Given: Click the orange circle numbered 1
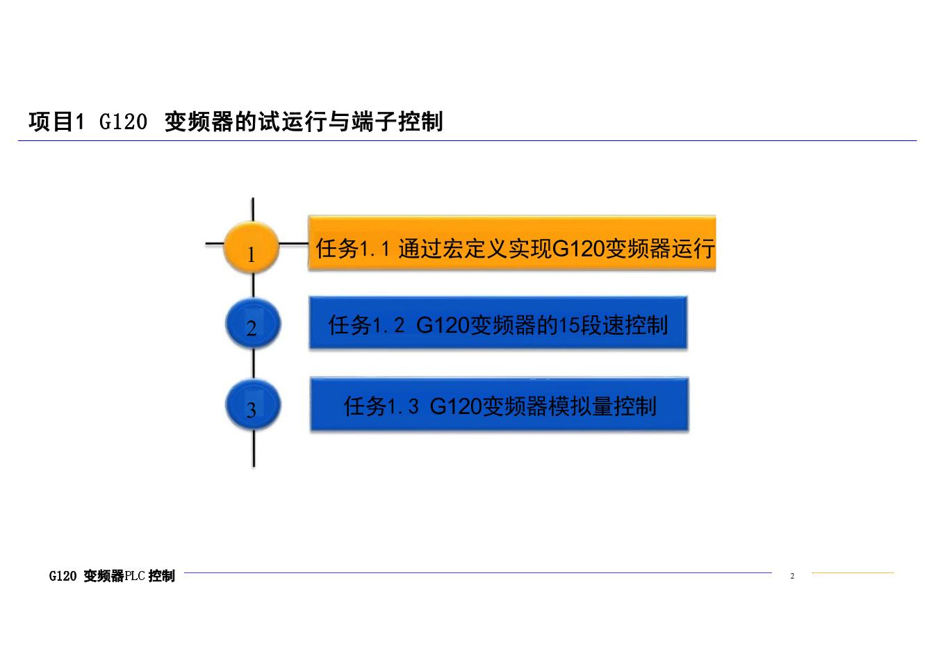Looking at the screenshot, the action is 252,247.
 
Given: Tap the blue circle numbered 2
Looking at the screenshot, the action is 253,324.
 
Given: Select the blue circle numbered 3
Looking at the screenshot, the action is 253,404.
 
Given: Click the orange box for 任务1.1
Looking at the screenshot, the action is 512,243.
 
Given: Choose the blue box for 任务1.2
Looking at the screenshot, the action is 498,322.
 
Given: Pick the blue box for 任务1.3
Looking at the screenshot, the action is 500,404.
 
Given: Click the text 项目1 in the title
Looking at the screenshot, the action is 56,122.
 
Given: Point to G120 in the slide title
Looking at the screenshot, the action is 123,122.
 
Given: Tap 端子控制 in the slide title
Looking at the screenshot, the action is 397,122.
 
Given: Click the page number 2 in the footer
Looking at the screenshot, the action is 792,576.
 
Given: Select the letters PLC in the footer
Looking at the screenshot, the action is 135,576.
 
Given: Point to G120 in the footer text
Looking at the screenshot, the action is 63,576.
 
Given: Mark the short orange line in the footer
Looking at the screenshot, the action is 853,573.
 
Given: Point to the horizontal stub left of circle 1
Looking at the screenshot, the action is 214,243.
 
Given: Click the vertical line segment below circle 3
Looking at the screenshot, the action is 254,448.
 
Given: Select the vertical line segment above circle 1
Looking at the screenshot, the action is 253,209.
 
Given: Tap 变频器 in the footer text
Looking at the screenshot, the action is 104,576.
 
